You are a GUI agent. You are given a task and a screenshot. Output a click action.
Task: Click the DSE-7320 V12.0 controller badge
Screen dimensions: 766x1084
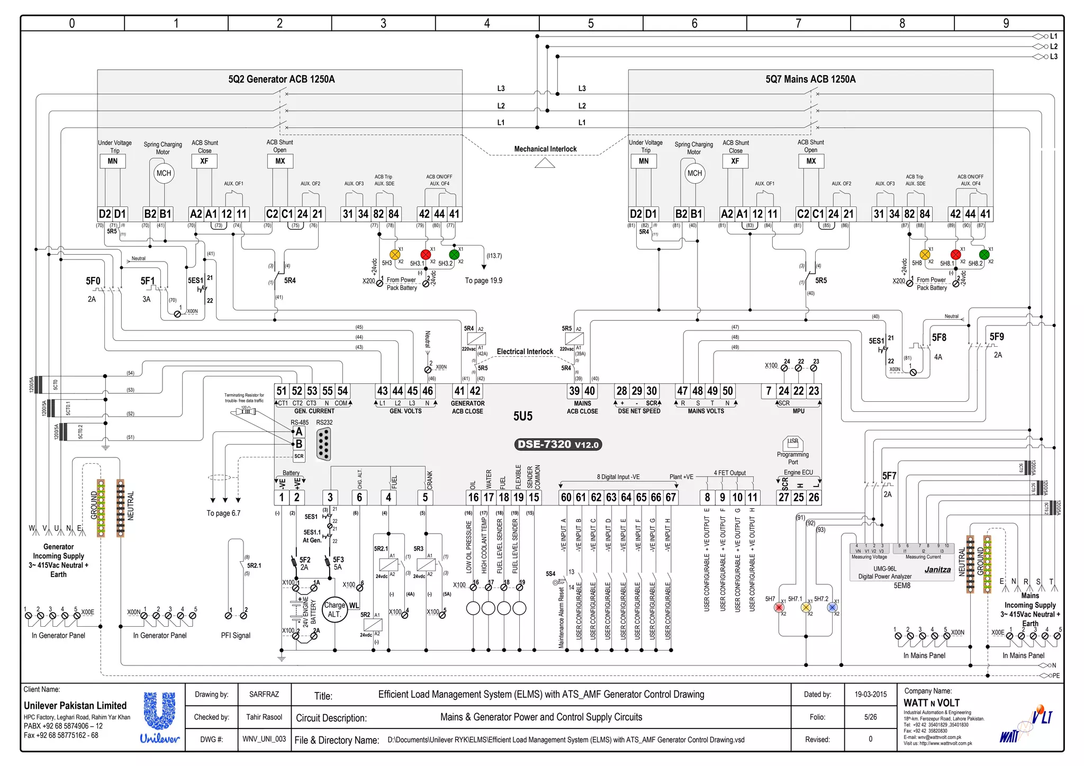[558, 445]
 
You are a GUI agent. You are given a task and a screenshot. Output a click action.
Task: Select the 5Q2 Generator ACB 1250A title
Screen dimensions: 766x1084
[282, 79]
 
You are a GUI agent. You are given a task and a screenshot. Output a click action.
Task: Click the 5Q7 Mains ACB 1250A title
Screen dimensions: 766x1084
[810, 79]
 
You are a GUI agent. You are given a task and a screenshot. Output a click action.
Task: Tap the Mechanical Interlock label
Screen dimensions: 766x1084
[545, 149]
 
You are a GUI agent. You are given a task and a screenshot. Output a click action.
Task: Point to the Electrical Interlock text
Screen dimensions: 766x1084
[525, 352]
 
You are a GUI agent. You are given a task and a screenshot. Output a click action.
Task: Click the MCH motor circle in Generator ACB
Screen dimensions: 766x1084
[164, 173]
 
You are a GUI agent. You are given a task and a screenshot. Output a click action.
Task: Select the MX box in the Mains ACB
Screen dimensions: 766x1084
[811, 161]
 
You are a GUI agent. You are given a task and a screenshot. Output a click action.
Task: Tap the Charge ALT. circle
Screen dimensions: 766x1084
[334, 610]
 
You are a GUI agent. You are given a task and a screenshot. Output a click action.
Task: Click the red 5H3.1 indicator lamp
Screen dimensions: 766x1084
[426, 255]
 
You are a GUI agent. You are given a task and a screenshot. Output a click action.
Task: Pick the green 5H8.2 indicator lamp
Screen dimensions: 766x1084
[984, 255]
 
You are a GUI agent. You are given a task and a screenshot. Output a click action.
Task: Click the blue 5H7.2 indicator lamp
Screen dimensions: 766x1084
[832, 607]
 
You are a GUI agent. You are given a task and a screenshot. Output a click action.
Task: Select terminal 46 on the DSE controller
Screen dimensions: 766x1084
[428, 391]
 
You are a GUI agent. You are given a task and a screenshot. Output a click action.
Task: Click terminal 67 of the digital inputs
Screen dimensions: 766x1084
[671, 497]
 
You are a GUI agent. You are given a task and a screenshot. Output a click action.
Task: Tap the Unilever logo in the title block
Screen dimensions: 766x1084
[160, 717]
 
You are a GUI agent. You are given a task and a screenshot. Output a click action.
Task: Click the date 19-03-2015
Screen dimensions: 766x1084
[870, 694]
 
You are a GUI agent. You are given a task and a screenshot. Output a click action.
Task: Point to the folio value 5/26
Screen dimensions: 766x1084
[870, 717]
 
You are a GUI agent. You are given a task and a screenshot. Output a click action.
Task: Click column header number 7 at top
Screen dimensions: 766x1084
[798, 23]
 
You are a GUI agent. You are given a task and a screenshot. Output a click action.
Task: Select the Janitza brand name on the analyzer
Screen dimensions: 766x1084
[937, 570]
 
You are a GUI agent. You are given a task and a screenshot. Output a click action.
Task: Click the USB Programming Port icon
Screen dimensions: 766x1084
[792, 443]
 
